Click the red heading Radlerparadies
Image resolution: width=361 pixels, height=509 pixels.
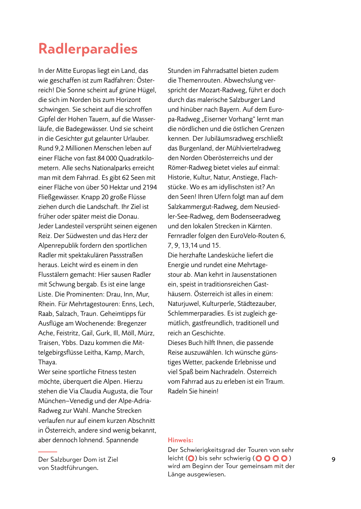point(88,49)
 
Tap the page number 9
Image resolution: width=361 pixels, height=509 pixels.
point(333,459)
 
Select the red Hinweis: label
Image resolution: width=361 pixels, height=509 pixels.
point(180,440)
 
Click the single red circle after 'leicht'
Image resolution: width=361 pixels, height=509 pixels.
point(191,458)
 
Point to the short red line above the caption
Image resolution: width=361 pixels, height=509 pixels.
point(47,452)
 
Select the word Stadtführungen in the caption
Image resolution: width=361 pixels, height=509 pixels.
point(74,468)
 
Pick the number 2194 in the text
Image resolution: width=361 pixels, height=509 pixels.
point(150,187)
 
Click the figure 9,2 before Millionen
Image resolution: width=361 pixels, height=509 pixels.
point(59,148)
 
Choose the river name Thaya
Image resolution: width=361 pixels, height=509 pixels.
point(47,362)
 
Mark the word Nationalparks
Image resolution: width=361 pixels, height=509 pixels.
point(113,168)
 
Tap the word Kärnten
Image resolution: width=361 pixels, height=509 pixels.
point(259,226)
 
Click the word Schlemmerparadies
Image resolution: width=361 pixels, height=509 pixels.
point(196,313)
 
